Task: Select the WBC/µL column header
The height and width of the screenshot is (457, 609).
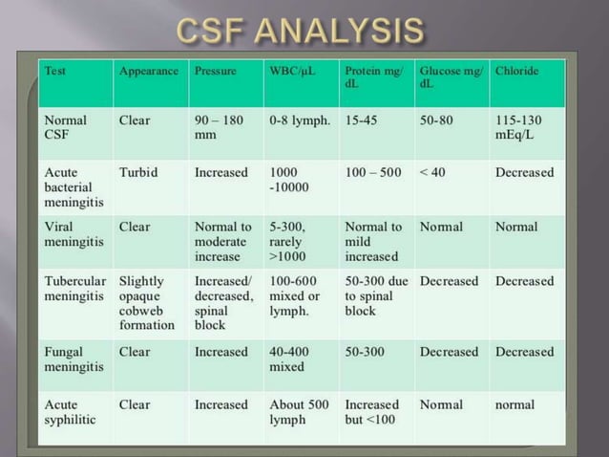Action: coord(289,71)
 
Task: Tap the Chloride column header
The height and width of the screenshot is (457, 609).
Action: coord(517,71)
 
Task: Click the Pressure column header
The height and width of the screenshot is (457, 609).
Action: coord(216,71)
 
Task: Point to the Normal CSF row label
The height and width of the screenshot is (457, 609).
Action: coord(66,128)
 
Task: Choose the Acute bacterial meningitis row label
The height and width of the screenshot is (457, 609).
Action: coord(69,187)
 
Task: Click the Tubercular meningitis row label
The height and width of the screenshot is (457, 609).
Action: coord(73,289)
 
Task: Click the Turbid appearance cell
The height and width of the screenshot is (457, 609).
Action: coord(138,173)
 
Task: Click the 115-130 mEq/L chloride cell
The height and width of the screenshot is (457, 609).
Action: coord(523,128)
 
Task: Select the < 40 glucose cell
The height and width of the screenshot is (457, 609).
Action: coord(434,173)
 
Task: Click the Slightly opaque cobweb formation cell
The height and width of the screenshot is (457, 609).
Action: coord(148,303)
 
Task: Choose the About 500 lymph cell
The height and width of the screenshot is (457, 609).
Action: coord(300,412)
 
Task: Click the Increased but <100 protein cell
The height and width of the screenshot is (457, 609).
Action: coord(373,412)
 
